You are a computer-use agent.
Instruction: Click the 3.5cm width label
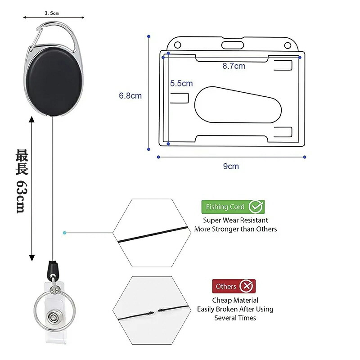tap(52, 13)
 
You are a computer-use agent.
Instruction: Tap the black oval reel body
tap(54, 82)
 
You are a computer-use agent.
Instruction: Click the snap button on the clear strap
tap(54, 318)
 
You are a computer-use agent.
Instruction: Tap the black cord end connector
tap(53, 269)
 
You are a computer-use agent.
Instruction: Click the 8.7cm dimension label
tap(234, 66)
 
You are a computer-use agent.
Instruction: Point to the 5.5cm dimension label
tap(181, 83)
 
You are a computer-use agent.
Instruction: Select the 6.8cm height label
tap(130, 96)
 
